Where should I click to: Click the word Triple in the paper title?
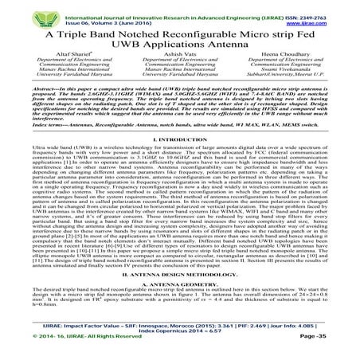point(91,35)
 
